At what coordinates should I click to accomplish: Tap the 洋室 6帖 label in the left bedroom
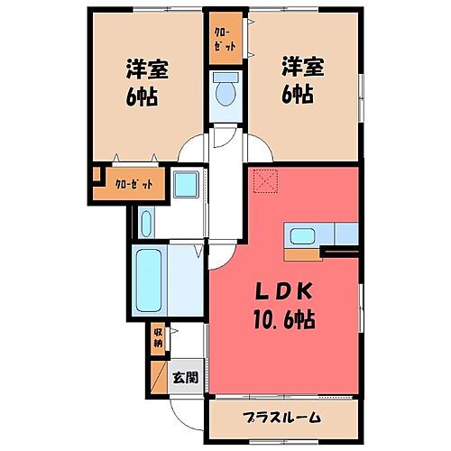(142, 82)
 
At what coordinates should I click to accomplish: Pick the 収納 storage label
(157, 337)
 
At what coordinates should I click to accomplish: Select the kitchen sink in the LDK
(301, 235)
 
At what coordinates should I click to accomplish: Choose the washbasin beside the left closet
(186, 186)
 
